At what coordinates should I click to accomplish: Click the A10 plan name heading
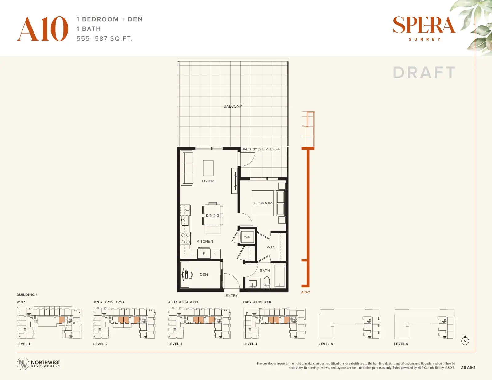[42, 29]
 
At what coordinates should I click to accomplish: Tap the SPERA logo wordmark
[424, 25]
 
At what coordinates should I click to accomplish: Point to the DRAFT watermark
[424, 73]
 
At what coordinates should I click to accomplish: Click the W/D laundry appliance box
[247, 237]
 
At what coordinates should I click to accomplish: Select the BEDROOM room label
[262, 203]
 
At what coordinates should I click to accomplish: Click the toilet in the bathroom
[267, 282]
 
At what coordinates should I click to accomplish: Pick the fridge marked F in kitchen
[204, 253]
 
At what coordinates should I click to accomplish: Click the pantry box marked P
[215, 254]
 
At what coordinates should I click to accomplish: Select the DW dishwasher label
[187, 210]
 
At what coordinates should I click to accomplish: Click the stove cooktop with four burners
[185, 239]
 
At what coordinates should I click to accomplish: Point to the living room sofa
[188, 168]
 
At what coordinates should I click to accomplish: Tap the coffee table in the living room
[208, 168]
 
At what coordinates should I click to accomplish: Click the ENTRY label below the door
[232, 295]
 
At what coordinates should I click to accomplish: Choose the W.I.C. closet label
[271, 247]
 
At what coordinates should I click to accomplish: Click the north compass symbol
[465, 341]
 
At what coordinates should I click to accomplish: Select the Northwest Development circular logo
[23, 364]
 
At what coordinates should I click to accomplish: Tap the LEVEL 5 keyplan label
[326, 344]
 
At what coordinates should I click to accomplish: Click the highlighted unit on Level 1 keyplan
[62, 320]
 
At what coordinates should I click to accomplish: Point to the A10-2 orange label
[305, 292]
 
